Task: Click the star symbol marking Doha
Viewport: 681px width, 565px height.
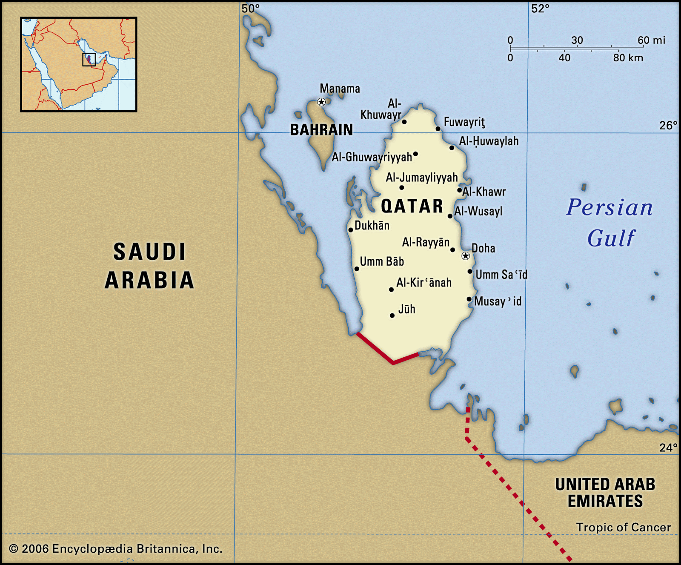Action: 466,256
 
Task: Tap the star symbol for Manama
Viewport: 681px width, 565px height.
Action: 321,102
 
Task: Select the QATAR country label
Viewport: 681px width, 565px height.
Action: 412,206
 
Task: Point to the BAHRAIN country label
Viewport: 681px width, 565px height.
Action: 321,129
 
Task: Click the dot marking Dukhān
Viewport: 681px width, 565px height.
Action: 351,230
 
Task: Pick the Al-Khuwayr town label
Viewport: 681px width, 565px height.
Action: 381,109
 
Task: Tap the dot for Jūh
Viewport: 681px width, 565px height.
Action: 392,315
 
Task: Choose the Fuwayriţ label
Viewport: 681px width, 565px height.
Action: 464,122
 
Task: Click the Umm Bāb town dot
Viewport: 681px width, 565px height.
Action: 357,269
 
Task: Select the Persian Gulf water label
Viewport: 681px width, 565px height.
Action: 609,222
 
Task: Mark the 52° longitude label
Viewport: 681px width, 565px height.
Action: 540,9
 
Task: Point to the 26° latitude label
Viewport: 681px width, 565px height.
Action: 668,125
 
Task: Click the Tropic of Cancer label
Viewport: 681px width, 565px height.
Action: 623,527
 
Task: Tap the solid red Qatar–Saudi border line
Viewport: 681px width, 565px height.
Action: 375,348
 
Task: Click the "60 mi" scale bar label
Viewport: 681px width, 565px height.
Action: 651,40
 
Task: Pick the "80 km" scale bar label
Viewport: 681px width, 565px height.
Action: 628,58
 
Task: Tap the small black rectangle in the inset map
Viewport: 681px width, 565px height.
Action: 89,59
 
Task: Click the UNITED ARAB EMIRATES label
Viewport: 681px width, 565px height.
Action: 605,493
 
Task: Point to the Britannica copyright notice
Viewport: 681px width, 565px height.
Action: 116,549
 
